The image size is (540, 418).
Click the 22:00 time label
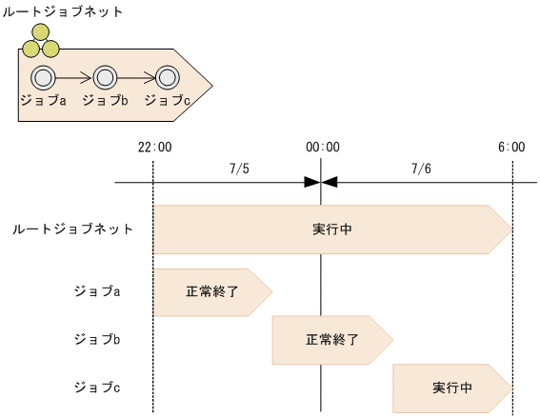(x=154, y=147)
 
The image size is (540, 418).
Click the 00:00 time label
(x=322, y=147)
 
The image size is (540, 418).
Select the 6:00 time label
(x=511, y=147)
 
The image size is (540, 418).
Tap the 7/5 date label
(x=239, y=169)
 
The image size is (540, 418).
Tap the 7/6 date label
(x=421, y=169)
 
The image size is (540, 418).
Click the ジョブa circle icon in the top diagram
(x=43, y=77)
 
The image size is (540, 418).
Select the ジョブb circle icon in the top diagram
(x=105, y=77)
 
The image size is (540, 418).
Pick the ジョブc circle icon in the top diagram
(x=167, y=77)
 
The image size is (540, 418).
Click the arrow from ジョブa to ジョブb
(x=74, y=77)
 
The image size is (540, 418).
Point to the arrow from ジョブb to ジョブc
(x=136, y=77)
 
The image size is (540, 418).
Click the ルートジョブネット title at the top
(x=64, y=11)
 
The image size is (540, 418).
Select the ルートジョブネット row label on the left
(x=72, y=229)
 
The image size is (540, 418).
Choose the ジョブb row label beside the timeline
(x=97, y=338)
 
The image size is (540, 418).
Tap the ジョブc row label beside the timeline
(x=97, y=388)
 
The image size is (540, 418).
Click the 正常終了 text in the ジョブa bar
(x=211, y=290)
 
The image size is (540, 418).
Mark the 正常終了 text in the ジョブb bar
(x=331, y=339)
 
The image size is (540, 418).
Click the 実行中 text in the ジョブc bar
(x=452, y=388)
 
